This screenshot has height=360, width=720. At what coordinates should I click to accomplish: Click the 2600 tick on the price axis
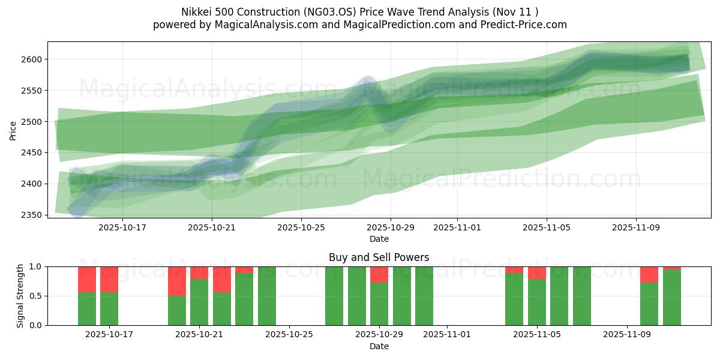[34, 59]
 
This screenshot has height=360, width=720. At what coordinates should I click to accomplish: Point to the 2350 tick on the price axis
[34, 215]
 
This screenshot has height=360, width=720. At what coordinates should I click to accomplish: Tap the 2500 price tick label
[34, 122]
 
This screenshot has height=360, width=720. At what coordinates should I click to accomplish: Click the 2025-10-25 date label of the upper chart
[301, 227]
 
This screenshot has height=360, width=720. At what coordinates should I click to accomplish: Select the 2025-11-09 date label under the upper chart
[636, 227]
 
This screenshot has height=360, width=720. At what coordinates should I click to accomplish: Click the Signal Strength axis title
[20, 296]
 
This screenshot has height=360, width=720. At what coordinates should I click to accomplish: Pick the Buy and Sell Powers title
[379, 257]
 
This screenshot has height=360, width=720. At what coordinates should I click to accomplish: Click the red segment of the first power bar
[87, 279]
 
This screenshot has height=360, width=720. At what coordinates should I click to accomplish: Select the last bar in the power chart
[672, 298]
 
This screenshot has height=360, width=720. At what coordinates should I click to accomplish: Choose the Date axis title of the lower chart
[379, 346]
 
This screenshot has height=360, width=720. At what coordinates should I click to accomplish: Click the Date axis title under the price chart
[379, 239]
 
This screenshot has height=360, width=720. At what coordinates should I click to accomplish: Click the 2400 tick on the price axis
[34, 184]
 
